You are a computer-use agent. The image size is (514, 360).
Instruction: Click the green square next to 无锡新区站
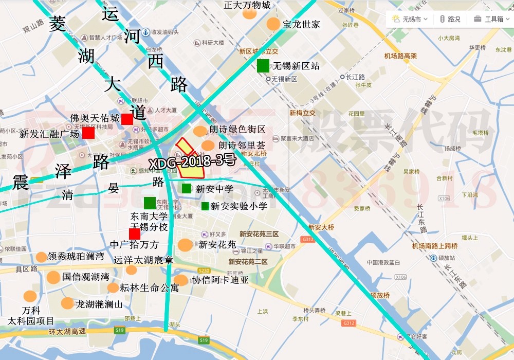pos(263,66)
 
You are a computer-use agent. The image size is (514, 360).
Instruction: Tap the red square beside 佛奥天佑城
pos(127,119)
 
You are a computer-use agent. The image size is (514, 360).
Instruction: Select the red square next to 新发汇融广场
pos(88,133)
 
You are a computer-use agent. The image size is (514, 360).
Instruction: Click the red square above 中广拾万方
pos(135,233)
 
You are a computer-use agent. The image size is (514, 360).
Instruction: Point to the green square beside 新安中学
pos(187,189)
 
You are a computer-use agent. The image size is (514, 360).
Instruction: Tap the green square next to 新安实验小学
pos(205,206)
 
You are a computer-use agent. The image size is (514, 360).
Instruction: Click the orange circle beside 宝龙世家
pos(273,24)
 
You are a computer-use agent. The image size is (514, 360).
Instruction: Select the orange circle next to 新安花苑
pos(186,245)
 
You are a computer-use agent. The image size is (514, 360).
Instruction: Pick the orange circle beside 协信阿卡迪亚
pos(181,280)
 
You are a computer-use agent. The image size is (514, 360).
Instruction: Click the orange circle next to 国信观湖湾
pos(53,277)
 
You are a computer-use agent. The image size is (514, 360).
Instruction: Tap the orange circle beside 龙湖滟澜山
pos(67,303)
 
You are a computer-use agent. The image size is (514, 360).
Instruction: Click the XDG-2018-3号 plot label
pos(192,161)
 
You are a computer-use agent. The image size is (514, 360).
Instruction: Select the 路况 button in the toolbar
pos(451,19)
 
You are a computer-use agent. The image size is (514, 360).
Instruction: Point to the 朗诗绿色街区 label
pos(237,130)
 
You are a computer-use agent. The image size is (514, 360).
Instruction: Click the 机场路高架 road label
pos(400,56)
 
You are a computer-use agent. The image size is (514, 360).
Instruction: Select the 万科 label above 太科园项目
pos(31,311)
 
